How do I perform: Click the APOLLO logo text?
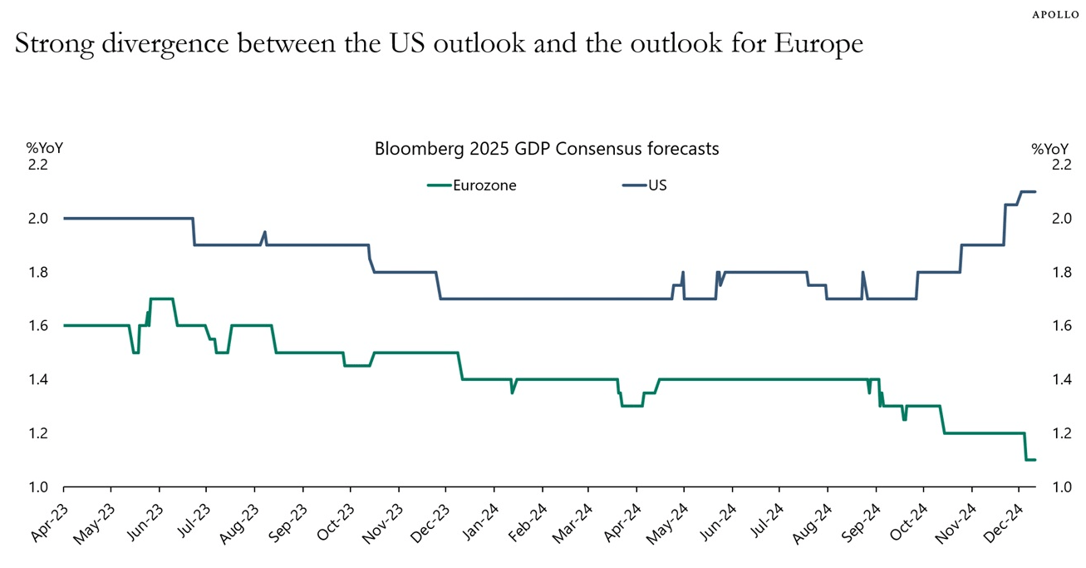pos(1056,15)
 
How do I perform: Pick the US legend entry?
pos(656,185)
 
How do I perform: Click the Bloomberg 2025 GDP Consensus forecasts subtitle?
pos(546,150)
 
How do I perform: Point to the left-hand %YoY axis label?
pos(44,149)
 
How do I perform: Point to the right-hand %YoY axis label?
pos(1049,149)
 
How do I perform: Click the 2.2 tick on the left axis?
pos(38,165)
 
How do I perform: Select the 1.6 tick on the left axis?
pos(38,326)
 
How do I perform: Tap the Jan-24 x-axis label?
pos(479,523)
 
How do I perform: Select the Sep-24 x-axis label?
pos(860,523)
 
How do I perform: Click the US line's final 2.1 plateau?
pos(1027,192)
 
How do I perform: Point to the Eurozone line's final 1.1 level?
pos(1030,460)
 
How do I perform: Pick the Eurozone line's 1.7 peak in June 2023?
pos(161,299)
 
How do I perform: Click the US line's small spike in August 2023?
pos(264,233)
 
